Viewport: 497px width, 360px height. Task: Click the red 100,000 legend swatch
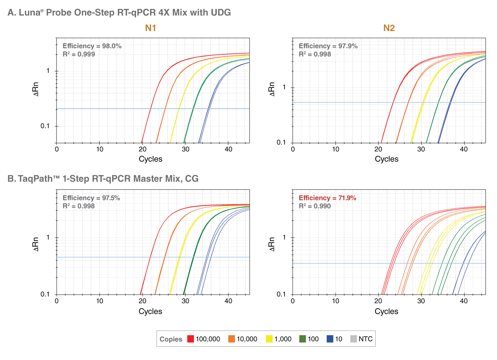pos(191,339)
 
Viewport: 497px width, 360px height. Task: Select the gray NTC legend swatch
pos(353,339)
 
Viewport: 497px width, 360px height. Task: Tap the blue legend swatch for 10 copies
pos(330,339)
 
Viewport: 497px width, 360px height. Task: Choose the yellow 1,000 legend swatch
pos(269,339)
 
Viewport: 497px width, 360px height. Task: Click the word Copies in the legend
pos(171,339)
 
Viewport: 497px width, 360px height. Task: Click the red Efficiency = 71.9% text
pos(327,198)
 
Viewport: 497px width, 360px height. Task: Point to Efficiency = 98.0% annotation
pos(92,46)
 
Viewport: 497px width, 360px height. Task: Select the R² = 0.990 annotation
pos(315,206)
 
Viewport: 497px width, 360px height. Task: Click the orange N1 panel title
pos(150,28)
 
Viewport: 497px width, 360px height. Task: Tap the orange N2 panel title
pos(389,28)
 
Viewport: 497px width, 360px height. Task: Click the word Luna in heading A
pos(29,12)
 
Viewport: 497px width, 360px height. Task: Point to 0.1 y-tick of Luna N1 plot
pos(45,126)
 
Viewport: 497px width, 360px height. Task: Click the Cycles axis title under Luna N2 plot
pos(386,159)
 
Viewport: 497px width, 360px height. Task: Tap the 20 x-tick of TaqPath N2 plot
pos(378,301)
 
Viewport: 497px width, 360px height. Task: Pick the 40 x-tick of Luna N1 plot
pos(229,149)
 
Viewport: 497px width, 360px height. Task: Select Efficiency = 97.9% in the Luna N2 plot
pos(328,46)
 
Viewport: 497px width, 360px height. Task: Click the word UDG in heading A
pos(221,12)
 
